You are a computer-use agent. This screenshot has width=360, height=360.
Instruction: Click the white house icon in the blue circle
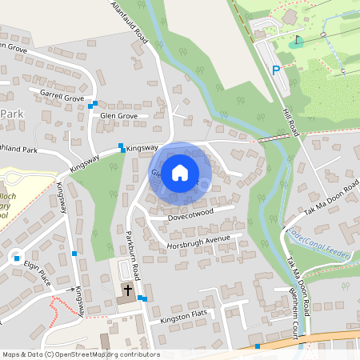pyautogui.click(x=180, y=172)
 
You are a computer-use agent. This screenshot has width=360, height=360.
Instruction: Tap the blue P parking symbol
pyautogui.click(x=276, y=70)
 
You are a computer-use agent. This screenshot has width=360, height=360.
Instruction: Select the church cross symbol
pyautogui.click(x=127, y=289)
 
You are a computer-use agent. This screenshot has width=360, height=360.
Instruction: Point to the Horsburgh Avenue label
pyautogui.click(x=204, y=239)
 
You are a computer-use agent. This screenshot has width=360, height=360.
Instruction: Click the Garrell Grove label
pyautogui.click(x=62, y=97)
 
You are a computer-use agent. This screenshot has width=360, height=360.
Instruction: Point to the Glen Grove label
pyautogui.click(x=119, y=116)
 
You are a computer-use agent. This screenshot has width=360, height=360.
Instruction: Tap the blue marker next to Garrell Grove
pyautogui.click(x=94, y=104)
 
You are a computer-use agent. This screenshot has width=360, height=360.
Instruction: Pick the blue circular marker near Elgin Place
pyautogui.click(x=16, y=258)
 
